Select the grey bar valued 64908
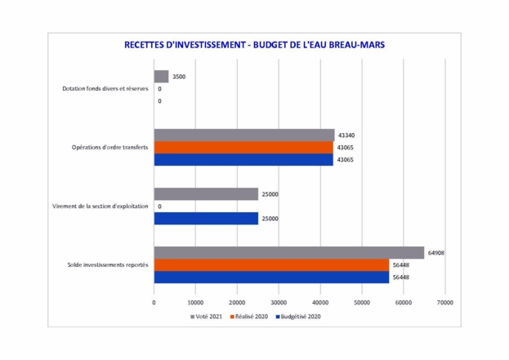click(x=288, y=253)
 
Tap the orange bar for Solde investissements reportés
click(x=271, y=265)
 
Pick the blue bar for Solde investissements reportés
click(x=271, y=278)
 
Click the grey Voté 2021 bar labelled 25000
click(x=206, y=194)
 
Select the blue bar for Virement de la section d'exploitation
click(x=206, y=219)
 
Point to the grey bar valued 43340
click(x=244, y=135)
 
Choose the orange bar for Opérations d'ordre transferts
click(x=243, y=147)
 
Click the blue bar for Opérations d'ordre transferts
click(x=243, y=159)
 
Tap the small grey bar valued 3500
click(x=161, y=76)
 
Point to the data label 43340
click(x=346, y=135)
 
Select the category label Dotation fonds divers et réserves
click(x=105, y=88)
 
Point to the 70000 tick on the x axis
click(x=444, y=301)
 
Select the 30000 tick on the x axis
click(x=279, y=301)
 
